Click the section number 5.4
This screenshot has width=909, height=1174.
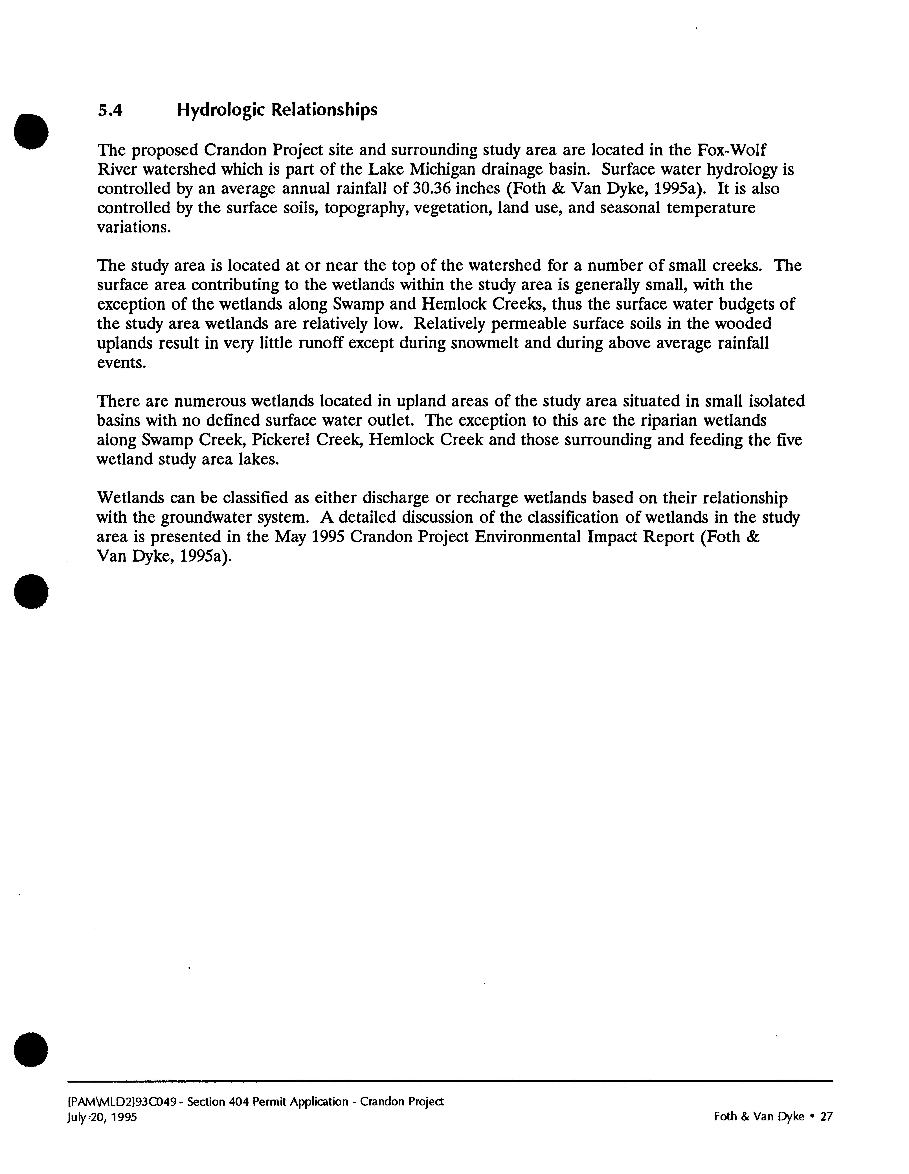[110, 110]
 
